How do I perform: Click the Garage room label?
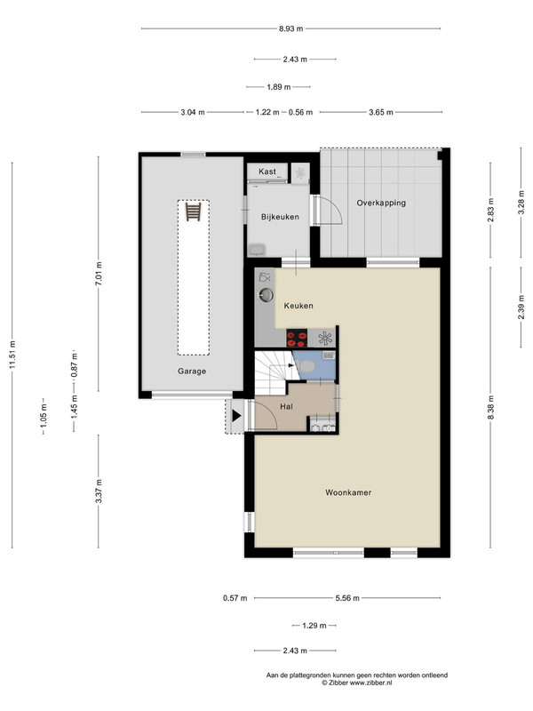click(192, 371)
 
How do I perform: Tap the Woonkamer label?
click(348, 492)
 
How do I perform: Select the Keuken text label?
click(298, 306)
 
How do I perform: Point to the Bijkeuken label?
click(280, 217)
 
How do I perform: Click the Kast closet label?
click(267, 172)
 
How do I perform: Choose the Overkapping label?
click(381, 204)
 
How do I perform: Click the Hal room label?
click(286, 407)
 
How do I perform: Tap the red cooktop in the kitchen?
click(297, 339)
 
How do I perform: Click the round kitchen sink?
click(266, 295)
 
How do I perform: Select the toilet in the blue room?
click(308, 365)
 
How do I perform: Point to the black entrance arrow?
click(236, 415)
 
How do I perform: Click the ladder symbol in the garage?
click(193, 212)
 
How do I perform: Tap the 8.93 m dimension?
click(290, 28)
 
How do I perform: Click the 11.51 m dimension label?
click(12, 354)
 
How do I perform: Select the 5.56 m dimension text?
click(347, 598)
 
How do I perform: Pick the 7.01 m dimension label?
click(99, 273)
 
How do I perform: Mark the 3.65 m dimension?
click(381, 113)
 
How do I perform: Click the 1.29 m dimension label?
click(314, 626)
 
